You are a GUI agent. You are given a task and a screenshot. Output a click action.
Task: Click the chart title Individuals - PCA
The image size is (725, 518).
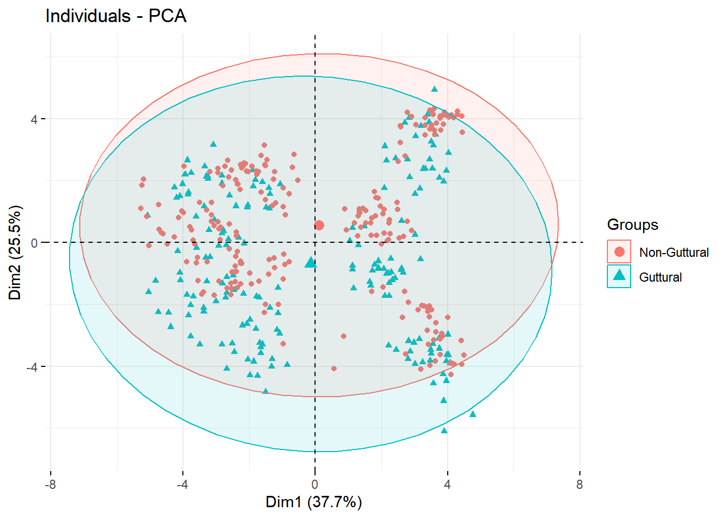coord(116,16)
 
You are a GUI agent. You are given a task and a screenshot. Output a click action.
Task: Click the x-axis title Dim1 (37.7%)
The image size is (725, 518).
coord(313,502)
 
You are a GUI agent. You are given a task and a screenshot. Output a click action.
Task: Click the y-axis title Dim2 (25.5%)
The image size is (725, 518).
coord(15,252)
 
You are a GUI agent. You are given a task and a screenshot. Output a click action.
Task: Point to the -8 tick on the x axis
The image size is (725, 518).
coord(50,484)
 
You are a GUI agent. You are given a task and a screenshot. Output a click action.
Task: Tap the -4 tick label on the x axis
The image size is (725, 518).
coord(182,484)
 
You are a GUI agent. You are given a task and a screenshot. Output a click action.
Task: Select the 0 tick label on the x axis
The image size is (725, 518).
coord(315,484)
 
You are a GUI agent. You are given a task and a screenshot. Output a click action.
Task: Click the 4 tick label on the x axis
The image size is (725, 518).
coord(447,484)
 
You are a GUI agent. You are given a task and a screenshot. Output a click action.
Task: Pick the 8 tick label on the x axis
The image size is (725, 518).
coord(579,484)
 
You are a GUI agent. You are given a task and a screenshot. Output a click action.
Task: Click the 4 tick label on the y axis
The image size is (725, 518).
coord(34,119)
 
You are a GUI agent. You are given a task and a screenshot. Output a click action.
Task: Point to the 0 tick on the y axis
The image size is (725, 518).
coord(34,243)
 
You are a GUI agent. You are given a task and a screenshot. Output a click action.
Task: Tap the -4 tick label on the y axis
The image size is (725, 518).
coord(31,367)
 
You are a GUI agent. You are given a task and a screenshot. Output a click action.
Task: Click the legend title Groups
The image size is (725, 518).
coord(632,224)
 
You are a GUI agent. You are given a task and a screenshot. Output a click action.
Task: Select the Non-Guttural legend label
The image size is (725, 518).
coord(674,253)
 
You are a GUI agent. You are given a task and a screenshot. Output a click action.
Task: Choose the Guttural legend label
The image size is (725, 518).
coord(660,277)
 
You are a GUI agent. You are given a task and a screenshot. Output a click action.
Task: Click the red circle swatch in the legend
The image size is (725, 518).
coord(619,252)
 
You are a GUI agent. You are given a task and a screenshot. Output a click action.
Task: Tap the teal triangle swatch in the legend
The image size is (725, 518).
coord(619,276)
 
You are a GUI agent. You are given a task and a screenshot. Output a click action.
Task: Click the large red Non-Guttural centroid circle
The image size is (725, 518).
coord(319,225)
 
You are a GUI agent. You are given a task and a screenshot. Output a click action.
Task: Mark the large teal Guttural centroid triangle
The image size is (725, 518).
coord(311,263)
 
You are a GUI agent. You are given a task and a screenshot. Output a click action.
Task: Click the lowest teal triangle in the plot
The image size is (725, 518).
coord(444,431)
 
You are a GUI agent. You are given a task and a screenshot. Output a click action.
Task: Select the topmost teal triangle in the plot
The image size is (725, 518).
coord(434,90)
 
